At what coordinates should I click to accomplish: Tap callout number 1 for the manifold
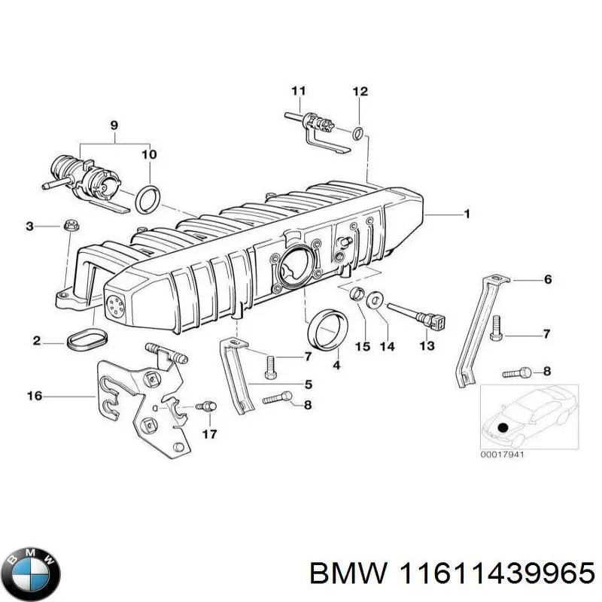point(467,214)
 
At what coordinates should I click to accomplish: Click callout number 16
point(35,394)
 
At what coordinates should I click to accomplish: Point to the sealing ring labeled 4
point(325,330)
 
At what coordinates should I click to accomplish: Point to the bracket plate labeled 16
point(143,399)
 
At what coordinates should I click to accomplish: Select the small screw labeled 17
point(205,406)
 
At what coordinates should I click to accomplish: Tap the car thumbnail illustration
point(529,414)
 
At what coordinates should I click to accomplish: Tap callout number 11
point(298,93)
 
